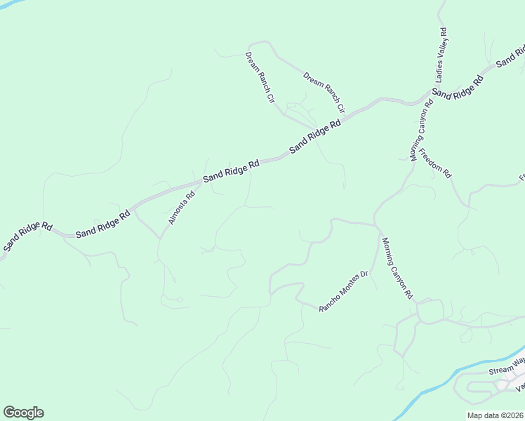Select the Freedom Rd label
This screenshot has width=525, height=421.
coord(434,163)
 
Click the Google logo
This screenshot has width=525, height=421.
coord(23,413)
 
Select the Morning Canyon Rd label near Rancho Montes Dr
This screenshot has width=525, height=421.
coord(397,269)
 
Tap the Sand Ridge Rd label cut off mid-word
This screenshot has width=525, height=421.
coord(511,56)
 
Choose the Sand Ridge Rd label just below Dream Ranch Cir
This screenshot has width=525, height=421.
coord(314,135)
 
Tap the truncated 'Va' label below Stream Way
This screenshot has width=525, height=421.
coord(520,387)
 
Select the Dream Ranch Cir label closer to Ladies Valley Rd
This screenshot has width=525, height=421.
coord(324,92)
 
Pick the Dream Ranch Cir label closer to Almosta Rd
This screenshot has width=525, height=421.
coord(259,77)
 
